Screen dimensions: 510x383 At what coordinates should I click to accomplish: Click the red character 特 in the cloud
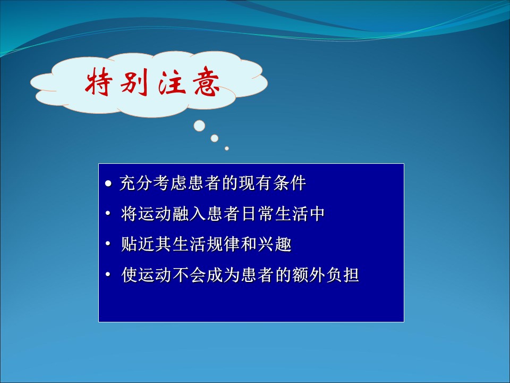99,81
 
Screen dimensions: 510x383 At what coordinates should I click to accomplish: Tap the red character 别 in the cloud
134,82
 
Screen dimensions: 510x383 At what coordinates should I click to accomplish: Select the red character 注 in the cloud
171,81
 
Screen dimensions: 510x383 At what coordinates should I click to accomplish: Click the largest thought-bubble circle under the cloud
199,126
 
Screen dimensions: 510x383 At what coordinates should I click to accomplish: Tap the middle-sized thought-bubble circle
214,138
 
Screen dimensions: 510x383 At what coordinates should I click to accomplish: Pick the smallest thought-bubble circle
227,148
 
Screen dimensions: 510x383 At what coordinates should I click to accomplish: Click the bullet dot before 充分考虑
108,184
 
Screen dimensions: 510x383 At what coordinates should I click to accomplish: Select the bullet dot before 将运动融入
108,214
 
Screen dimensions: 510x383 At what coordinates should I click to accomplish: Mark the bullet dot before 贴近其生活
108,244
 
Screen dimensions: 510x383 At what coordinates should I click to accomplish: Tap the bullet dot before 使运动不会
108,274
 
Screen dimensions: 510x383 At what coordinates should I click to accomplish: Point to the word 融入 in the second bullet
190,214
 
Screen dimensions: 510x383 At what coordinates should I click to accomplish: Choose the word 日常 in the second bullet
258,214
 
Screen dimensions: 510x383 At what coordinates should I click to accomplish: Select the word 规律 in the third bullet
224,244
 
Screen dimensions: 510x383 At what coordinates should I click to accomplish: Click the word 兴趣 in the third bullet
275,244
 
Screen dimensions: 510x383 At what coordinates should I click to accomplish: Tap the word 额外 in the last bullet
309,274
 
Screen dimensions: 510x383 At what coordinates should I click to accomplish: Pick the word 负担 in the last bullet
343,274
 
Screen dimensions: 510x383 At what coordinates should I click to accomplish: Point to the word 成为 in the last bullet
224,274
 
